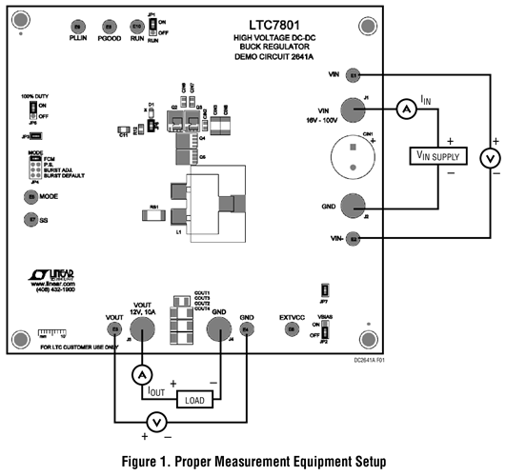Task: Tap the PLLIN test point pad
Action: click(x=78, y=26)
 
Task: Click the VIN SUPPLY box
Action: click(x=439, y=155)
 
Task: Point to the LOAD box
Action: click(x=194, y=399)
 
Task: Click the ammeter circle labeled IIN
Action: click(x=406, y=110)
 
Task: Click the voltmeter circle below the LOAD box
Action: click(x=160, y=422)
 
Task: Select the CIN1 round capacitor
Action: click(x=349, y=154)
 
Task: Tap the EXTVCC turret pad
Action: click(x=292, y=328)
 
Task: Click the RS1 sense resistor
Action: click(x=156, y=215)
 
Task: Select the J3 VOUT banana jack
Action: click(x=142, y=329)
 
